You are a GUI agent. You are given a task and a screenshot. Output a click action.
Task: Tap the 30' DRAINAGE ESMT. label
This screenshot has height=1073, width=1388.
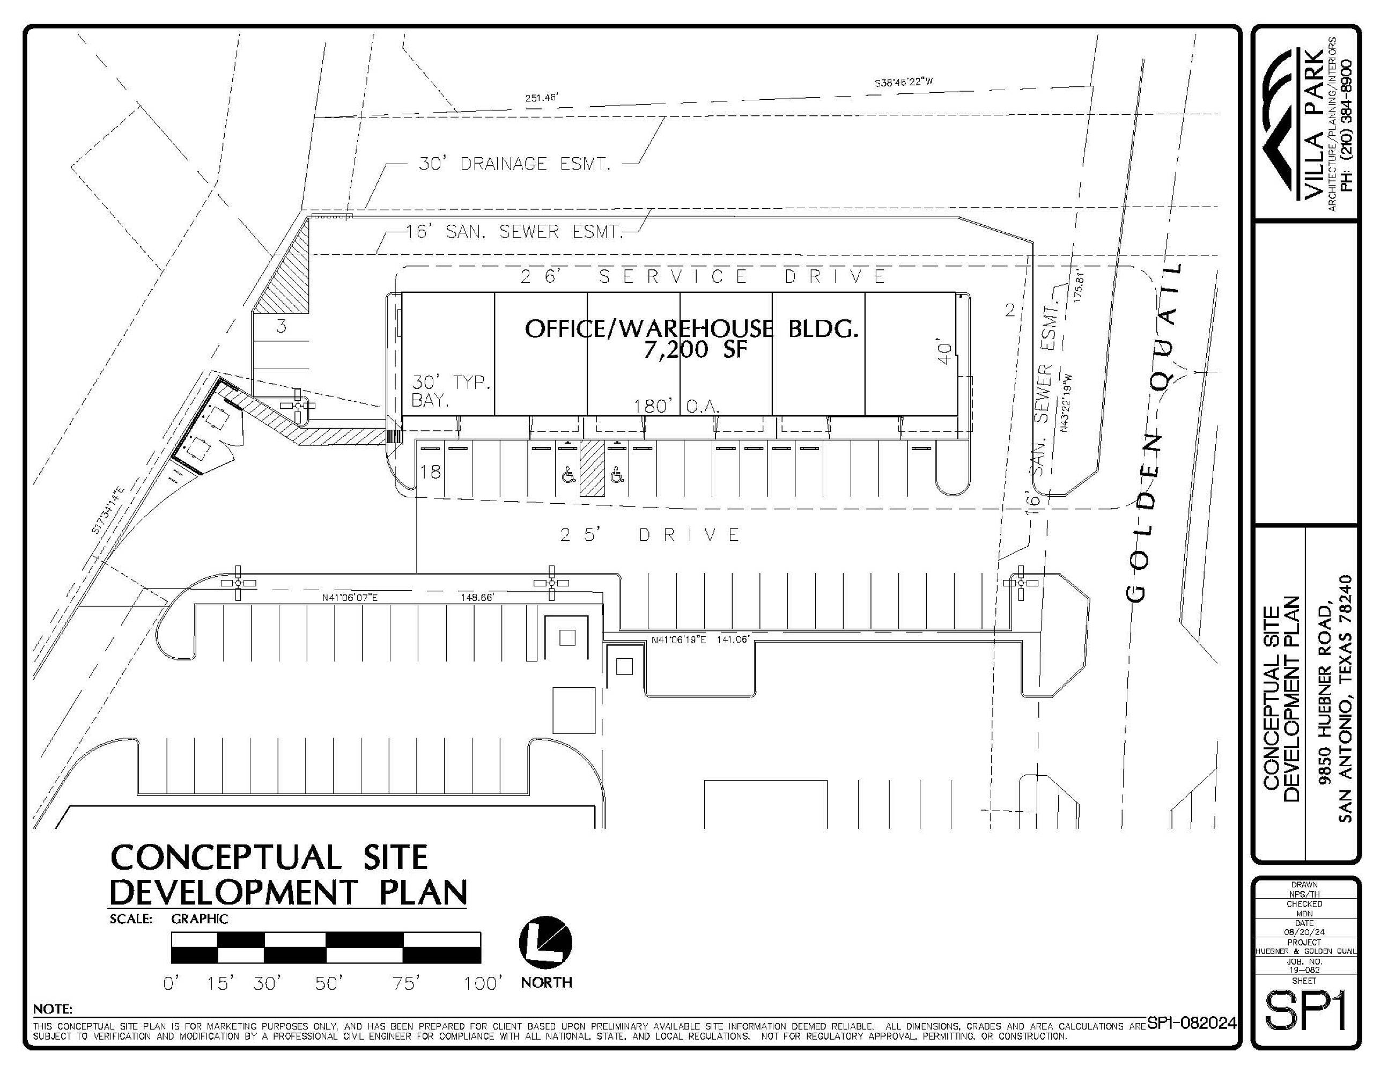point(515,164)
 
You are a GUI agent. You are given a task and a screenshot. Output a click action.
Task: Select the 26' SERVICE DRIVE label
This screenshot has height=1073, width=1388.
point(704,276)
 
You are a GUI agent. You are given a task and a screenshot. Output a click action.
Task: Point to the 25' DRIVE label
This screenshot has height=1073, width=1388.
point(650,534)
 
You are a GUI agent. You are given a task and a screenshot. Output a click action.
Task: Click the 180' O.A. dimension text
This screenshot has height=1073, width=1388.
point(676,406)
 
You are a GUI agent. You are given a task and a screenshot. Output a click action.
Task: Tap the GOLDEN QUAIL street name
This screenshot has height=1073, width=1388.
point(1152,432)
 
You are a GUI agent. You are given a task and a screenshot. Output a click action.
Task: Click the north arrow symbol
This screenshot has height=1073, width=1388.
point(545,943)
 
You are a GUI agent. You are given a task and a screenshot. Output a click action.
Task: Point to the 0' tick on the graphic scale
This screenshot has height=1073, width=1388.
point(172,984)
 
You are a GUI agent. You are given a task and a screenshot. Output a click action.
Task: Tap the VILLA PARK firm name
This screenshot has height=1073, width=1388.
point(1312,124)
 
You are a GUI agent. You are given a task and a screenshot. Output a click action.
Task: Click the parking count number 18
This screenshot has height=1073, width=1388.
point(430,472)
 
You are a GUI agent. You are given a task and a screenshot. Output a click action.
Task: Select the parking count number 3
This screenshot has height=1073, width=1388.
point(282,327)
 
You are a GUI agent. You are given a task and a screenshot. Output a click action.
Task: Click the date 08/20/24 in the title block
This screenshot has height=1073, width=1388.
point(1304,932)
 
